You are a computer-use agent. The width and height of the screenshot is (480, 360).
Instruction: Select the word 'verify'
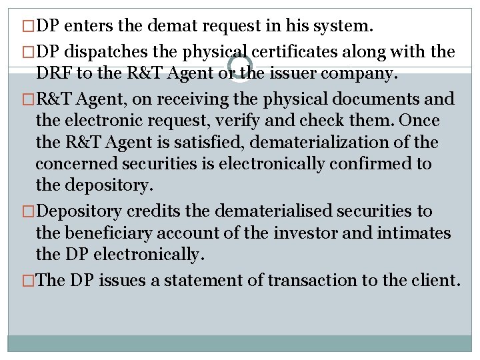click(x=258, y=121)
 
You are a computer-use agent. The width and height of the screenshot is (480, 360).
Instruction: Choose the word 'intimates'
click(x=414, y=233)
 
